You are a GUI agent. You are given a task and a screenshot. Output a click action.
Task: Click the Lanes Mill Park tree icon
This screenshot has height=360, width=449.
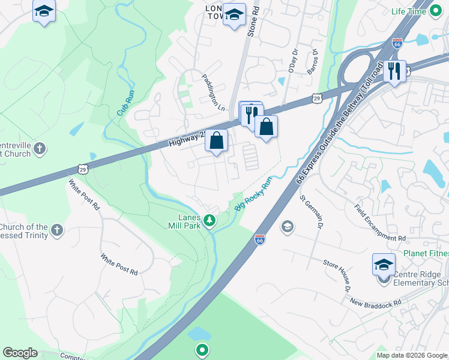pyautogui.click(x=209, y=221)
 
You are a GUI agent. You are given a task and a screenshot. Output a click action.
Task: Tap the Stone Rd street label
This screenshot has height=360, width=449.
pyautogui.click(x=253, y=21)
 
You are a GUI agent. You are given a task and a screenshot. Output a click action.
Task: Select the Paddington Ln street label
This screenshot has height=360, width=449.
pyautogui.click(x=212, y=90)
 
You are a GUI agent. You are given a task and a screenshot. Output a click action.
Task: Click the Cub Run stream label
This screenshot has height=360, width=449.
pyautogui.click(x=123, y=102)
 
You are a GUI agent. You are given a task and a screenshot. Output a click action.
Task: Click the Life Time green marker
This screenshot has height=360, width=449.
pyautogui.click(x=436, y=11)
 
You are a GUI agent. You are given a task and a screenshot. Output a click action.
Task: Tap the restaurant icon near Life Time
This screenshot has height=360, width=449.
pyautogui.click(x=394, y=71)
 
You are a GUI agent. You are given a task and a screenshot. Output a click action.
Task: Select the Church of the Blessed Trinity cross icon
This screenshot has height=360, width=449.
pyautogui.click(x=56, y=230)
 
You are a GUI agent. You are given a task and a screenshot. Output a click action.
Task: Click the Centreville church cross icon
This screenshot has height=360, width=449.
pyautogui.click(x=40, y=148)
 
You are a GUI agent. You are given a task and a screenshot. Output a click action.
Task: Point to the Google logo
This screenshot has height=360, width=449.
pyautogui.click(x=20, y=353)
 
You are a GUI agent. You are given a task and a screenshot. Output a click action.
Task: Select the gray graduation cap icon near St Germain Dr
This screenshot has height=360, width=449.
pyautogui.click(x=287, y=226)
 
